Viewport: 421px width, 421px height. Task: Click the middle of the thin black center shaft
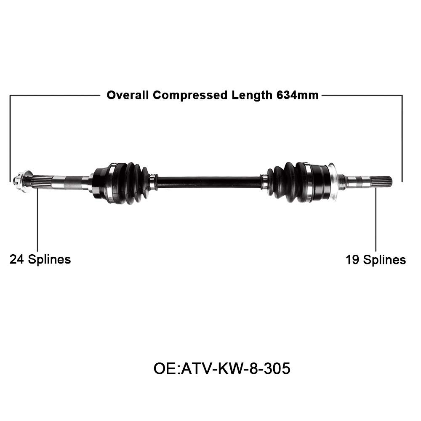[x=209, y=182]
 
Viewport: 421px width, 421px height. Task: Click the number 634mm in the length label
[x=297, y=95]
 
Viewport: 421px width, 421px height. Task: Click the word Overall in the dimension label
[x=128, y=95]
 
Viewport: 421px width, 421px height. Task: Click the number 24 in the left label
[x=16, y=259]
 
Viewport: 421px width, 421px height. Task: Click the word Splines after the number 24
[x=49, y=259]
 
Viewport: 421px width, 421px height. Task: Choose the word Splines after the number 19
[x=384, y=260]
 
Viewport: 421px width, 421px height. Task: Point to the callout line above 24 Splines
[x=37, y=219]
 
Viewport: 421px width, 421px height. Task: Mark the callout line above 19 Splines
[x=376, y=219]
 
